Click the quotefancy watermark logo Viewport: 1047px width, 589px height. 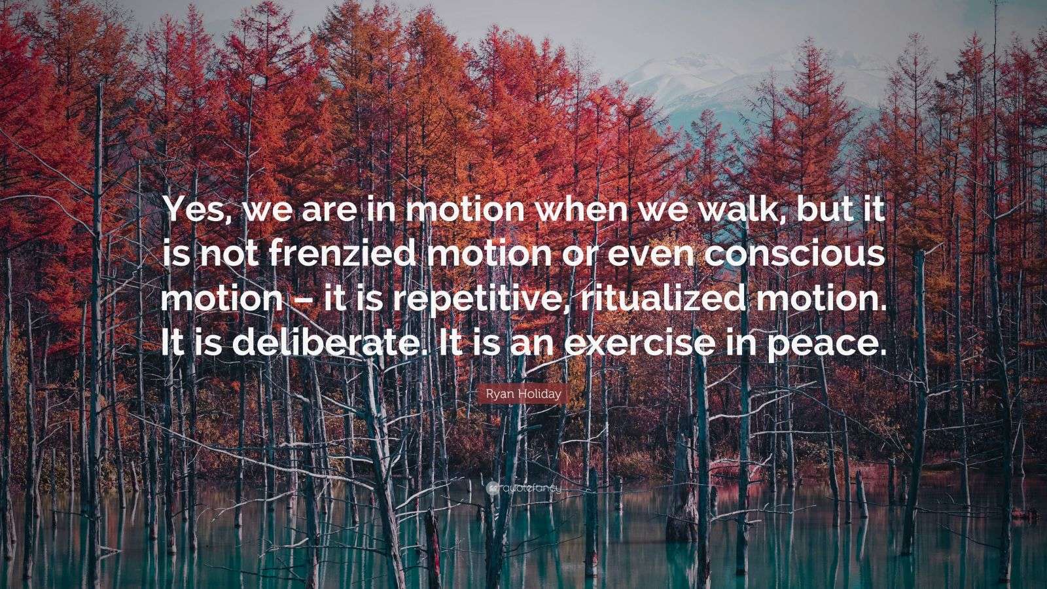point(523,488)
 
